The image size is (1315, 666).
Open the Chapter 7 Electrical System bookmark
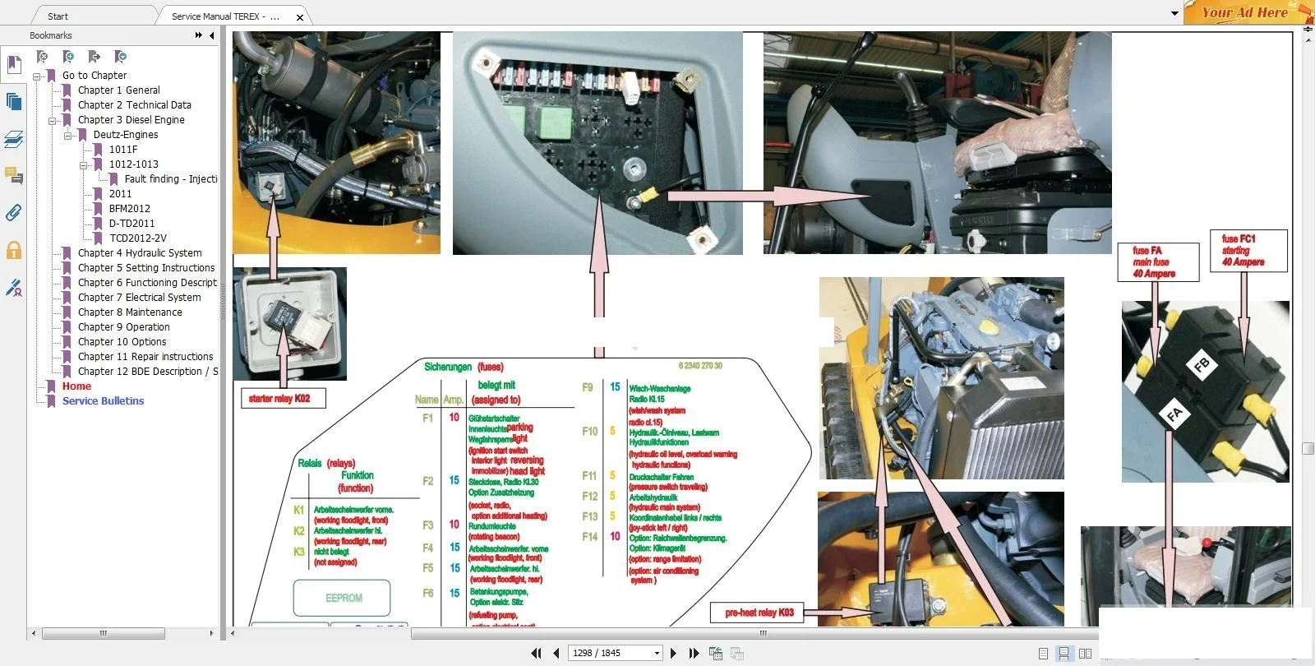(x=139, y=298)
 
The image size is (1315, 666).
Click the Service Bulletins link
(x=103, y=401)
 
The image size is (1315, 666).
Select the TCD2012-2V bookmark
(x=137, y=238)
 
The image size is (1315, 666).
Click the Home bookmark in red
(x=76, y=386)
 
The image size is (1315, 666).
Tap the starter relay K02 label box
(x=279, y=399)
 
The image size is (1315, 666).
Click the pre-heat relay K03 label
(x=759, y=613)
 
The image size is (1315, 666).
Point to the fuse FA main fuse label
(x=1157, y=262)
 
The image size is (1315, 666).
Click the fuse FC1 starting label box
(x=1248, y=251)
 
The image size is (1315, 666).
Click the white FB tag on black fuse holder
(x=1201, y=365)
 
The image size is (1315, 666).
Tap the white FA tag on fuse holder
(x=1174, y=414)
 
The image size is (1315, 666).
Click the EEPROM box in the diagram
(x=343, y=598)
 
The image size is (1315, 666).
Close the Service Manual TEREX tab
(x=300, y=16)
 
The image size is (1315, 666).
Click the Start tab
(x=58, y=16)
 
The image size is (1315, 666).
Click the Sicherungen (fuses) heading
(x=464, y=367)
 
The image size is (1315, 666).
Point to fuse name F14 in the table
(x=589, y=537)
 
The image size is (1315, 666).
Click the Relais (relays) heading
(x=326, y=463)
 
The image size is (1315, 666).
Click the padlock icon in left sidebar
(x=14, y=250)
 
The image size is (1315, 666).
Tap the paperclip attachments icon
(x=13, y=213)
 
